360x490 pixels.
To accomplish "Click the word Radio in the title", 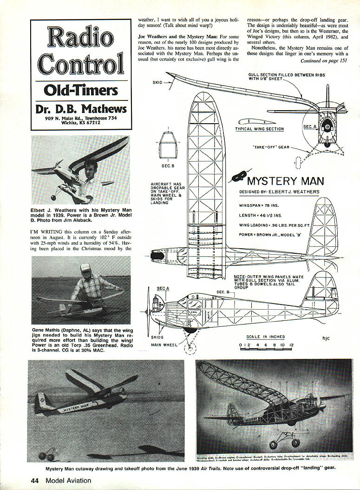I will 80,38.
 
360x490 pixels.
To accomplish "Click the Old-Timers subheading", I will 80,90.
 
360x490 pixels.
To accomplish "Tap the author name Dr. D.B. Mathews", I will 80,109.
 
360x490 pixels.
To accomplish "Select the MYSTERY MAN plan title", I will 286,181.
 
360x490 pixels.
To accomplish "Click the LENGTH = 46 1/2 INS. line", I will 261,215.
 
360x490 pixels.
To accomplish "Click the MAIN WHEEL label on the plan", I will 164,345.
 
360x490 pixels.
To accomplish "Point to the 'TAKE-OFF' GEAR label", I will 271,147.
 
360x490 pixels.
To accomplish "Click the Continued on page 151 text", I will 324,61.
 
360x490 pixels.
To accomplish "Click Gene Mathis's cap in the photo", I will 85,268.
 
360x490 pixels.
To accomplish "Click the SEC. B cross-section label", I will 167,166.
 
